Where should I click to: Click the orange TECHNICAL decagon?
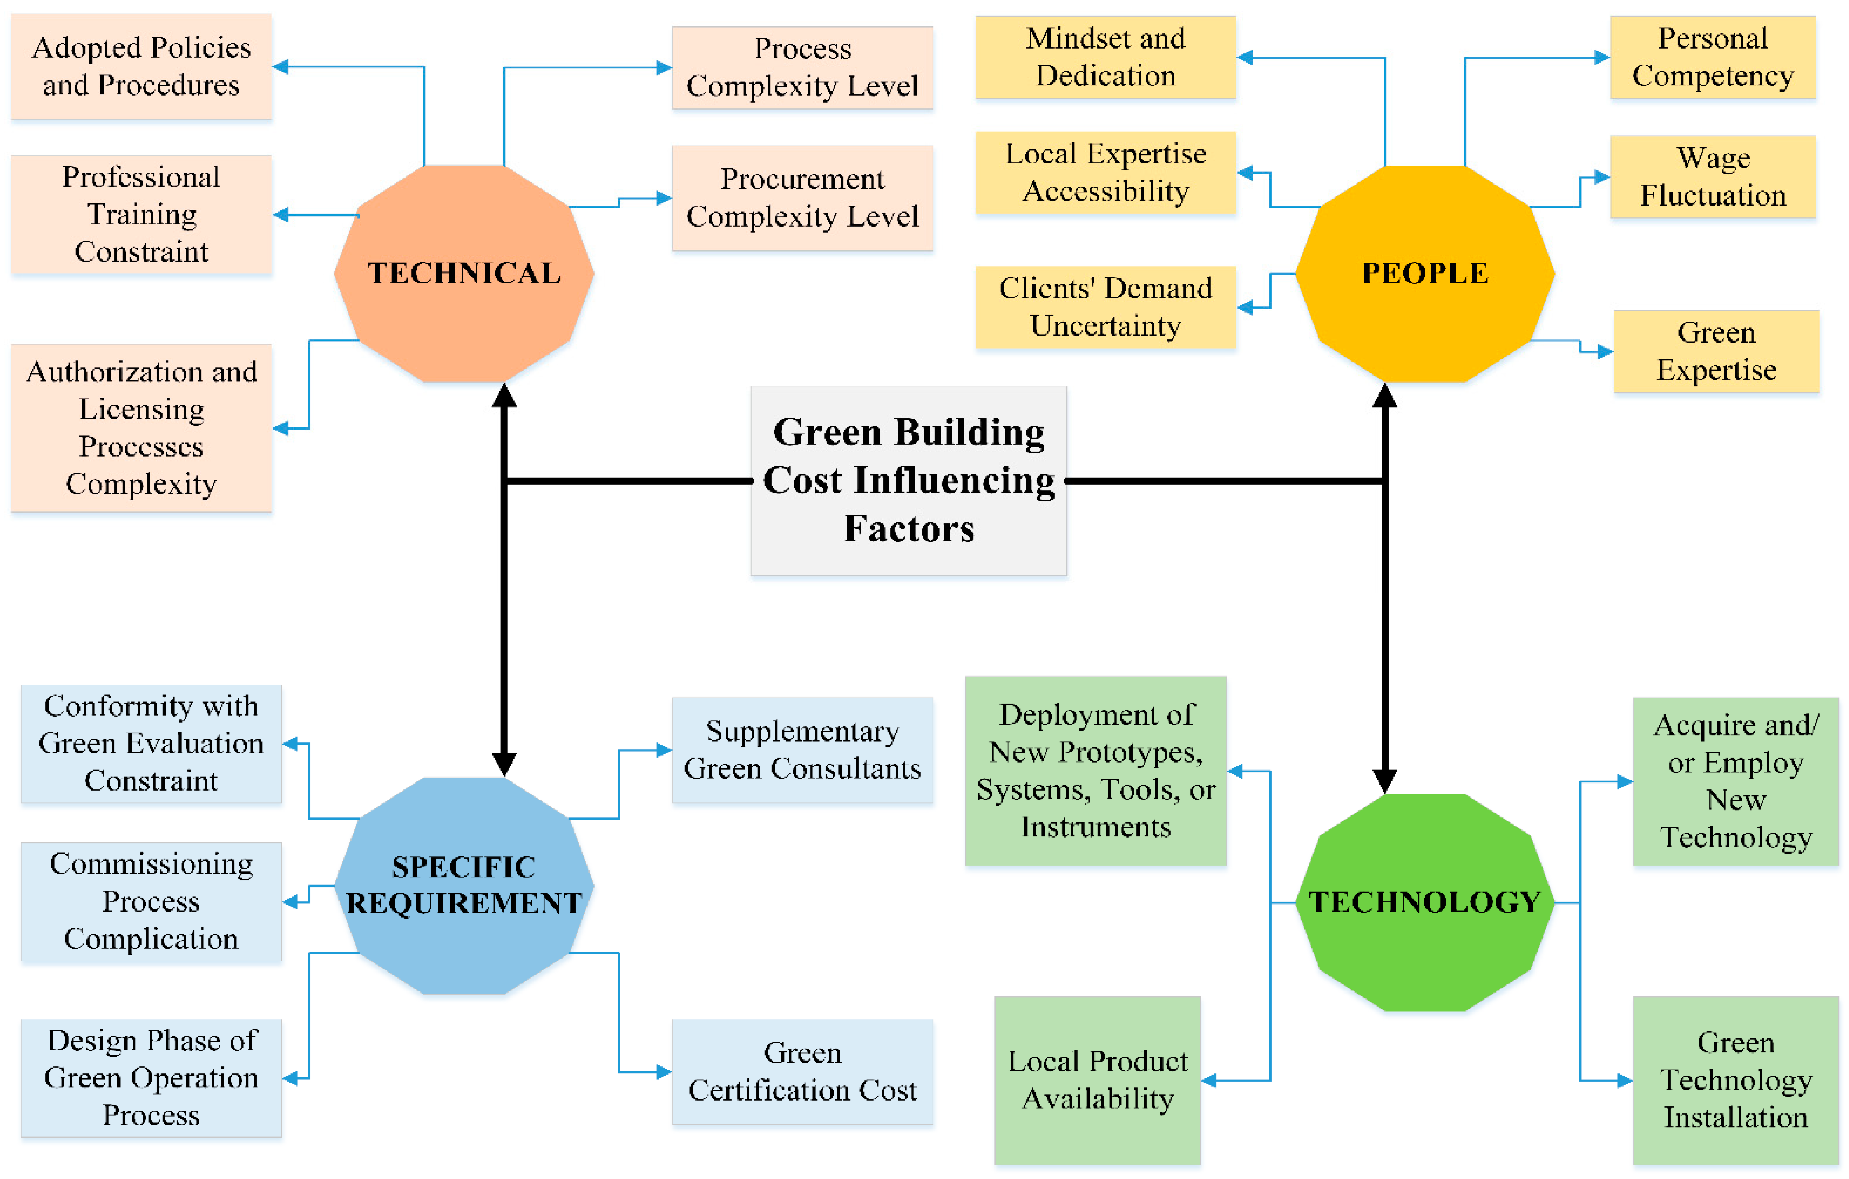(464, 273)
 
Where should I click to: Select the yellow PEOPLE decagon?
(1425, 273)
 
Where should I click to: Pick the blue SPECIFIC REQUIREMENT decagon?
(464, 885)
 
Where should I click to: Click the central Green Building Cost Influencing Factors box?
(908, 480)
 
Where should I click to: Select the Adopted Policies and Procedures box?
(141, 67)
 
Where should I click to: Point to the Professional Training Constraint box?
(141, 214)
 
